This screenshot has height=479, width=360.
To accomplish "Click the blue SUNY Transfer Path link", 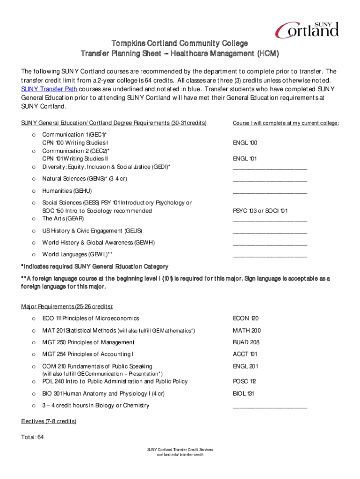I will (49, 89).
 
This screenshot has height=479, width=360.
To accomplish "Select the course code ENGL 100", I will (245, 143).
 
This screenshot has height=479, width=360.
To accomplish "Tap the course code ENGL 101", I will (245, 159).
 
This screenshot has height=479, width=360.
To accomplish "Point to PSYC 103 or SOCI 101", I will (260, 211).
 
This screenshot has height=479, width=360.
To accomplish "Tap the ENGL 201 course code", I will (245, 366).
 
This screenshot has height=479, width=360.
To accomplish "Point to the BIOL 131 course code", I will (244, 393).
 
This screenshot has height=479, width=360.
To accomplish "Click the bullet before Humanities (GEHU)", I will (33, 191).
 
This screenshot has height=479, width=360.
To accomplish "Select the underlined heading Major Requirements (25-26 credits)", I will (67, 306).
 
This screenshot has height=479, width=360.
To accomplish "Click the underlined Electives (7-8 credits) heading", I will (49, 421).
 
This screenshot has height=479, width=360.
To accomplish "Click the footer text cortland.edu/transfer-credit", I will (180, 455).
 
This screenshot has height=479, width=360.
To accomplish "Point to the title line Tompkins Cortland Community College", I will (180, 44).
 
